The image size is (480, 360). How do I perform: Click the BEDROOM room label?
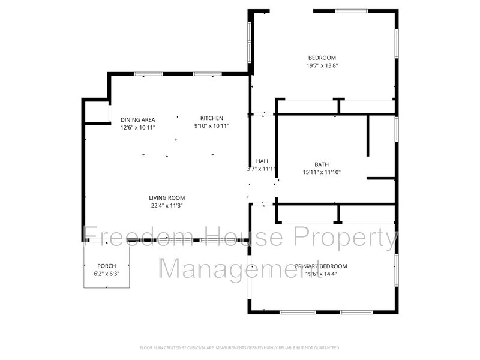[322, 58]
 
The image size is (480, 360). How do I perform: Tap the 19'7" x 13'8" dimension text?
[322, 66]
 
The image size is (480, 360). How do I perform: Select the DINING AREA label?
[137, 119]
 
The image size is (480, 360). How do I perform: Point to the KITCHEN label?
[212, 118]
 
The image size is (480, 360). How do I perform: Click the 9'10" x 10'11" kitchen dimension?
[212, 127]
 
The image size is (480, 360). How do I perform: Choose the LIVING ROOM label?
[167, 198]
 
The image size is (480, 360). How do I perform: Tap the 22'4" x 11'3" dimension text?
[167, 206]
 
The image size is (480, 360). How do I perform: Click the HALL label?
[263, 161]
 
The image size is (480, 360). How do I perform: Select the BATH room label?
[322, 164]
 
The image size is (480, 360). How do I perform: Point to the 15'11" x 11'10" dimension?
[322, 172]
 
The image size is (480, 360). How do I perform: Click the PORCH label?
[106, 266]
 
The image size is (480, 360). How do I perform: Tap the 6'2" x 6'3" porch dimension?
[106, 274]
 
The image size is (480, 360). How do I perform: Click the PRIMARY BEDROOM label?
[321, 266]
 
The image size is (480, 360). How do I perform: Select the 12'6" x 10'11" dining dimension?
[137, 127]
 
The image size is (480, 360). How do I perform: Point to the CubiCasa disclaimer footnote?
[240, 347]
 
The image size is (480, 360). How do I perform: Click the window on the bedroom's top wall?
[351, 10]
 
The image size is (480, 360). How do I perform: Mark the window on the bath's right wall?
[396, 128]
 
